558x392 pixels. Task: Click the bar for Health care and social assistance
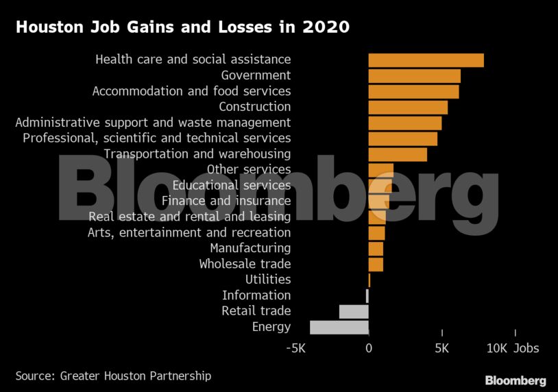pyautogui.click(x=426, y=60)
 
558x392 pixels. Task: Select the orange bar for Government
pyautogui.click(x=414, y=75)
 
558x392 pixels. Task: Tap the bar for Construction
pyautogui.click(x=408, y=107)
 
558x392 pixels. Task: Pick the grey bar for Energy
pyautogui.click(x=339, y=327)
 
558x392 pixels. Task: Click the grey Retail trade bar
pyautogui.click(x=354, y=311)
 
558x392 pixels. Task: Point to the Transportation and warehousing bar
pyautogui.click(x=398, y=154)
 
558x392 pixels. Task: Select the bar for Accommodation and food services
pyautogui.click(x=413, y=91)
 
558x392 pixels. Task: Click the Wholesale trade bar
pyautogui.click(x=376, y=264)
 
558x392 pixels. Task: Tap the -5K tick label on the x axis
pyautogui.click(x=295, y=348)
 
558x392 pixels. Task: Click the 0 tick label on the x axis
pyautogui.click(x=369, y=348)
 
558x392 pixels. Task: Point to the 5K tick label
pyautogui.click(x=442, y=348)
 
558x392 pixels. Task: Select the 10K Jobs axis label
pyautogui.click(x=513, y=348)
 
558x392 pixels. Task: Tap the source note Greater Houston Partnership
pyautogui.click(x=113, y=376)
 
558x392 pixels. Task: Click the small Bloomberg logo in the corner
pyautogui.click(x=515, y=380)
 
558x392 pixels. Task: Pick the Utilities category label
pyautogui.click(x=268, y=280)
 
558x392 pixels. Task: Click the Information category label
pyautogui.click(x=256, y=295)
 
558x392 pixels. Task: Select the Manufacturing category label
pyautogui.click(x=250, y=248)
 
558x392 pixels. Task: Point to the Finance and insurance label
pyautogui.click(x=226, y=201)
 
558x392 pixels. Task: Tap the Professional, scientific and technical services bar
pyautogui.click(x=402, y=138)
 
